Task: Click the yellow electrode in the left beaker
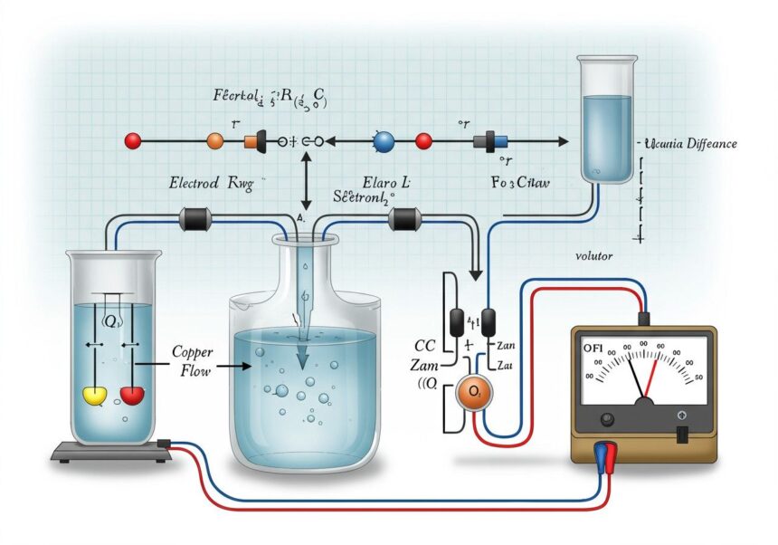[95, 395]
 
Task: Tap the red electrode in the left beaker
[132, 394]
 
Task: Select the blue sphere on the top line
[384, 141]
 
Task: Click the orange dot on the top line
[215, 141]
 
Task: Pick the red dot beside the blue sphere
[422, 141]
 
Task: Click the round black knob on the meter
[606, 418]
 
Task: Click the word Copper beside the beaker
[191, 350]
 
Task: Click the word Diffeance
[711, 144]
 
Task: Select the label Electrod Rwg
[208, 182]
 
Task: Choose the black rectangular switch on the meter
[682, 434]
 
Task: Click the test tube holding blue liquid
[605, 118]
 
